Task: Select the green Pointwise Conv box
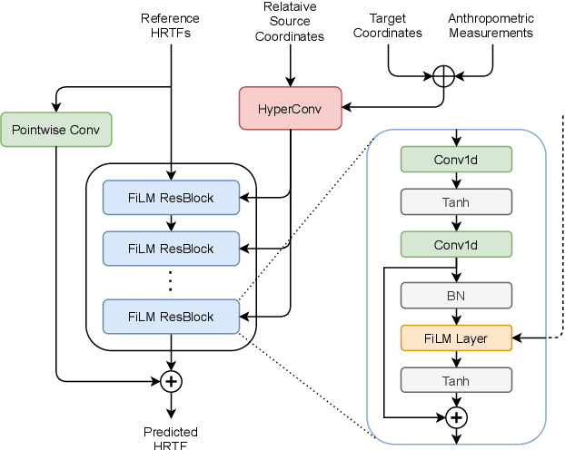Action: (56, 129)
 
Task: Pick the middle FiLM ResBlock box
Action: (171, 248)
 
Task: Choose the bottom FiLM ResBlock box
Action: (171, 317)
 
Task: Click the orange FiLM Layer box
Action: (456, 338)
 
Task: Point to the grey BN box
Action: (456, 295)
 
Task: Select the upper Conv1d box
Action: (456, 159)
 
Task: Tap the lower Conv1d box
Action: (456, 244)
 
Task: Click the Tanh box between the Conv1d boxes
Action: (456, 201)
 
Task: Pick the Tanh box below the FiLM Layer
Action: (456, 381)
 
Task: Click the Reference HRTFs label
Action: (171, 25)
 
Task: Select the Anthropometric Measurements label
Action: (491, 25)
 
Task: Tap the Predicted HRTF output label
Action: (171, 438)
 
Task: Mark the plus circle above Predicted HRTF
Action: (171, 381)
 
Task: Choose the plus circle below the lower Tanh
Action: (456, 416)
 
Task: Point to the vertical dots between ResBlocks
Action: (171, 282)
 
